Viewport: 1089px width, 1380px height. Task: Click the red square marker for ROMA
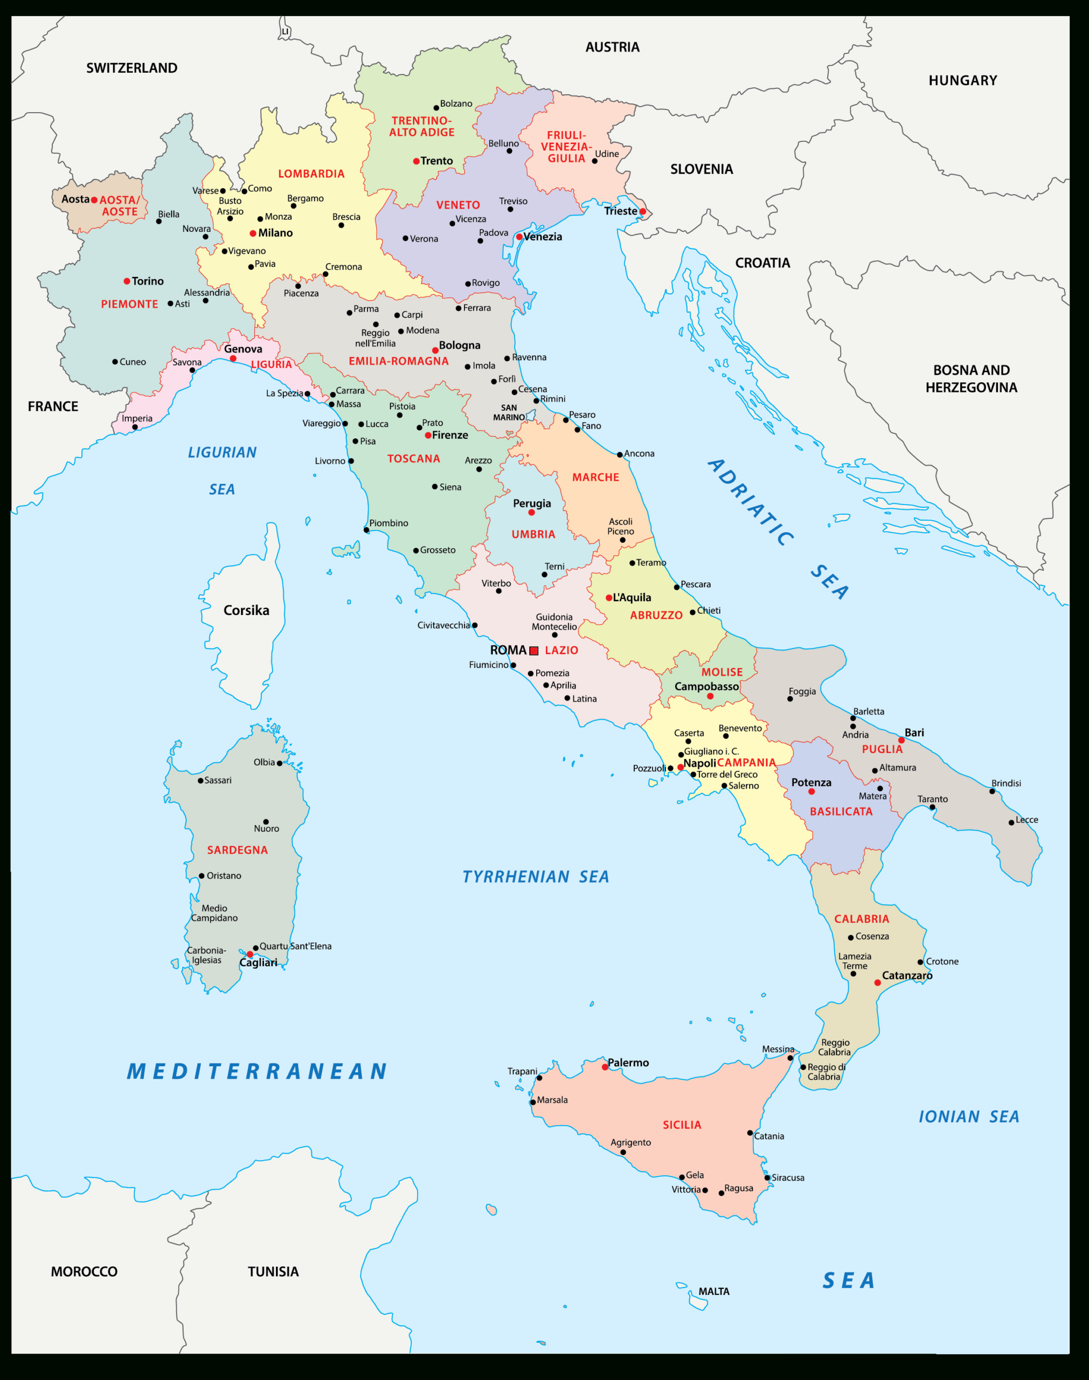tap(533, 651)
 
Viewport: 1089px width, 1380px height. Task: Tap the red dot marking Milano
tap(253, 233)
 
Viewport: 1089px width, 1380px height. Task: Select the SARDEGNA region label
tap(237, 850)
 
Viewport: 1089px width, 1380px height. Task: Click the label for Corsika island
tap(246, 610)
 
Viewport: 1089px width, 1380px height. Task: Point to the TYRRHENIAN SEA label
tap(536, 877)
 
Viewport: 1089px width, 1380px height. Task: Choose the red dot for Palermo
tap(605, 1067)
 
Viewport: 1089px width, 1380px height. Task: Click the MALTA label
tap(713, 1292)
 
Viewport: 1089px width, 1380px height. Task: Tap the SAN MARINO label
tap(509, 412)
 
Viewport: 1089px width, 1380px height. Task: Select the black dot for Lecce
tap(1011, 823)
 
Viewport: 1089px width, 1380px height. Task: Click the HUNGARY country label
tap(962, 80)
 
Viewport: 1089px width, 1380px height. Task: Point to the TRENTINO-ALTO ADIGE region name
tap(421, 126)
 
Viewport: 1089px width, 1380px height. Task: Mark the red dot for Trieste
tap(643, 212)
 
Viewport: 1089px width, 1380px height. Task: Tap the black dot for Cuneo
tap(115, 362)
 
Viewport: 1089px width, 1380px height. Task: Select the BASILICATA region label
tap(841, 812)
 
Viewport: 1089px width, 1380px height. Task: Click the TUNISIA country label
tap(273, 1272)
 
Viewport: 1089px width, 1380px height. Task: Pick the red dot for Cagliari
tap(250, 955)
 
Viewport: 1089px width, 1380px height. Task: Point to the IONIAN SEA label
tap(968, 1116)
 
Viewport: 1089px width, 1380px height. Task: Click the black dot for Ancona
tap(620, 454)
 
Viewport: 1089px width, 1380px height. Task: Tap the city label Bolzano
tap(456, 103)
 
